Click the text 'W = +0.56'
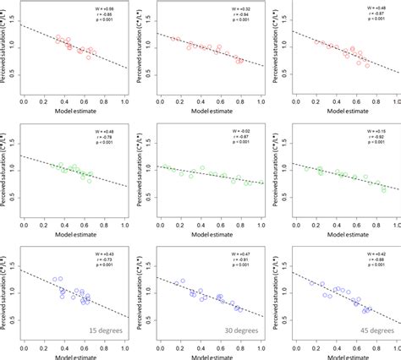(109, 7)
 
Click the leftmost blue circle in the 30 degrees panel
(182, 281)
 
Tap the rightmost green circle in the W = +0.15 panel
(384, 190)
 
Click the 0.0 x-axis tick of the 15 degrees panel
(22, 347)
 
